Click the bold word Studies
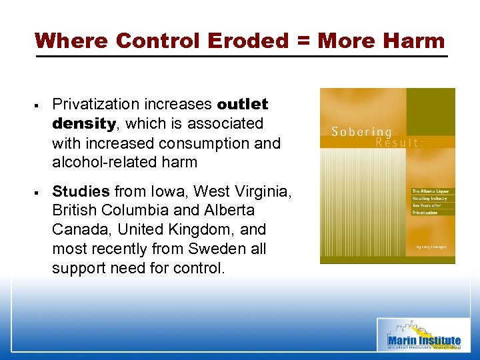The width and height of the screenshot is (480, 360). coord(81,191)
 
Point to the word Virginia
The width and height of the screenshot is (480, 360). coord(263,191)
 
